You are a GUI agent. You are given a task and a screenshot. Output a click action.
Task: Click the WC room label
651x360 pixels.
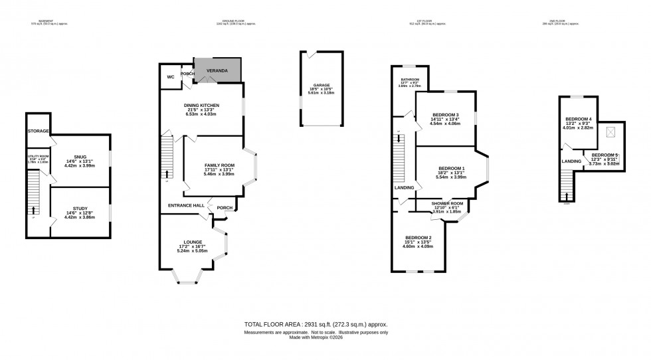[x=171, y=77]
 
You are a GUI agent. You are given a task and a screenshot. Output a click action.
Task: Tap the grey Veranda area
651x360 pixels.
[x=217, y=70]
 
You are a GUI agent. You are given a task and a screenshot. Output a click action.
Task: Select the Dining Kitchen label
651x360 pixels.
[x=201, y=105]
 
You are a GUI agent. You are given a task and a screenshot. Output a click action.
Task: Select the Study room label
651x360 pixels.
[x=80, y=209]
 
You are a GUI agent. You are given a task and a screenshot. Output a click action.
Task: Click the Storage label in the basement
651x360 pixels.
[x=39, y=132]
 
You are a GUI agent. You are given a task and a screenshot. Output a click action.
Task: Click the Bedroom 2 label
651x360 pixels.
[x=418, y=238]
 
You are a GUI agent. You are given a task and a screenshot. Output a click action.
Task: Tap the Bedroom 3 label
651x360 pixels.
[x=445, y=115]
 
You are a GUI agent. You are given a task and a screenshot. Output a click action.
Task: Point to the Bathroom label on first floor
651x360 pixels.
[x=410, y=80]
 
